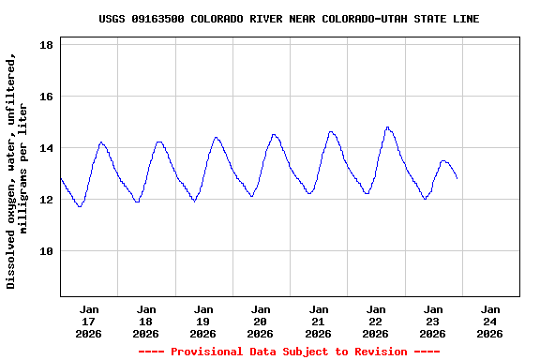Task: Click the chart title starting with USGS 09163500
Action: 289,19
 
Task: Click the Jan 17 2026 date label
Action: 89,321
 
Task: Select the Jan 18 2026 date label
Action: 146,321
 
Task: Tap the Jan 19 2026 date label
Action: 203,321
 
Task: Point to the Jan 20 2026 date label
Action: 261,321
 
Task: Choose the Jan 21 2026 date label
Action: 318,321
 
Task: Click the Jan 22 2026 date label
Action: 375,321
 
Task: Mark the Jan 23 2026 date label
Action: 432,321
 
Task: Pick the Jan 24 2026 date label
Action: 489,321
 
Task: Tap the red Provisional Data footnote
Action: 289,352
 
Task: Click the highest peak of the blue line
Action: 387,127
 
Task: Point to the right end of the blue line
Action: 457,177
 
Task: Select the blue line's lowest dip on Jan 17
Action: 80,206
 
